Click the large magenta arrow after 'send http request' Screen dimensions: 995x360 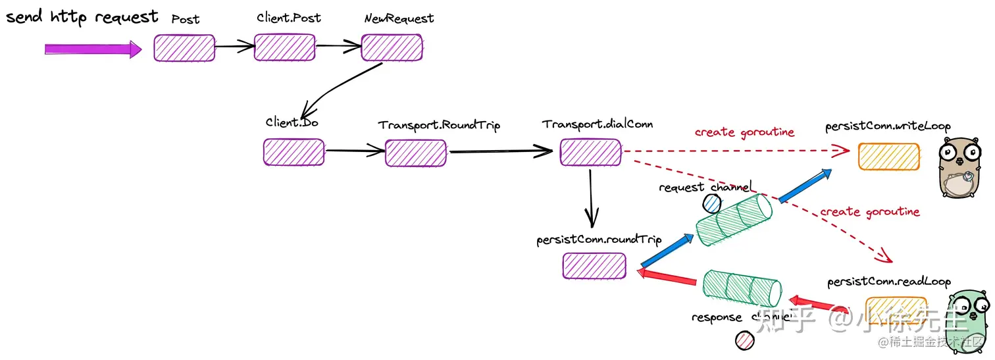pyautogui.click(x=93, y=49)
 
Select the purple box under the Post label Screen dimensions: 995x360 pyautogui.click(x=184, y=48)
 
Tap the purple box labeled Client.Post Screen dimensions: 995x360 pyautogui.click(x=285, y=47)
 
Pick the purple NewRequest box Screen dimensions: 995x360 pyautogui.click(x=392, y=47)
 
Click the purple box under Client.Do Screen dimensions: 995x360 pyautogui.click(x=293, y=152)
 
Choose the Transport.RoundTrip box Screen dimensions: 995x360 pyautogui.click(x=416, y=153)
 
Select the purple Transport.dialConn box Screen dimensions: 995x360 pyautogui.click(x=590, y=152)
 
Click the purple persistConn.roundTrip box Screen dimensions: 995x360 pyautogui.click(x=594, y=266)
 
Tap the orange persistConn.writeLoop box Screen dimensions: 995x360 pyautogui.click(x=888, y=157)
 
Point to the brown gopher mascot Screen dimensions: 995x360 pyautogui.click(x=959, y=167)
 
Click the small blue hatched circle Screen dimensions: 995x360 pyautogui.click(x=711, y=204)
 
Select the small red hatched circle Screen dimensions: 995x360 pyautogui.click(x=744, y=341)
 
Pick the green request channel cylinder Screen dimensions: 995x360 pyautogui.click(x=734, y=220)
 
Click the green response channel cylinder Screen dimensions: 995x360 pyautogui.click(x=742, y=288)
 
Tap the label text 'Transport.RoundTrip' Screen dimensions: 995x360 pyautogui.click(x=439, y=125)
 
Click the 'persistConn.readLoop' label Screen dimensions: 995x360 pyautogui.click(x=889, y=282)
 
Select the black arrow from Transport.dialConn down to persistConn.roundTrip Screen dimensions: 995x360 pyautogui.click(x=591, y=199)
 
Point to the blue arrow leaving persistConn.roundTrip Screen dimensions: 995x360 pyautogui.click(x=666, y=251)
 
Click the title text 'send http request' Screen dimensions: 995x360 pyautogui.click(x=82, y=17)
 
